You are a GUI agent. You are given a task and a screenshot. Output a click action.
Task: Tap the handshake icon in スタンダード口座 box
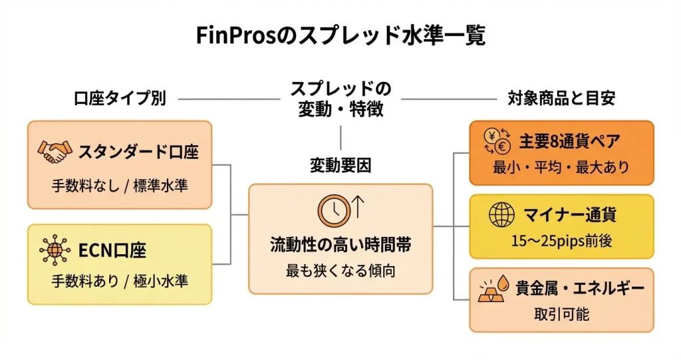tap(55, 151)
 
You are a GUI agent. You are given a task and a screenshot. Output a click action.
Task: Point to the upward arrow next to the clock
tap(357, 208)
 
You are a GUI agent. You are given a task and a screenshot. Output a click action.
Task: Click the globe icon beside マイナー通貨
tap(501, 214)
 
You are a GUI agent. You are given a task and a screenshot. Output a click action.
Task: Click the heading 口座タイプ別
tap(120, 98)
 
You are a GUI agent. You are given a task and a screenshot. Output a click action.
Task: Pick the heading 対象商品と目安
tap(557, 98)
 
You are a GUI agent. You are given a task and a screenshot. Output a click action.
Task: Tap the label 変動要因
tap(340, 164)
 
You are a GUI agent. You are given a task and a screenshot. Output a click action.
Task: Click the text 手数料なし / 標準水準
tap(120, 186)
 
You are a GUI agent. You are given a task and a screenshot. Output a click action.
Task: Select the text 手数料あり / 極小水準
tap(120, 281)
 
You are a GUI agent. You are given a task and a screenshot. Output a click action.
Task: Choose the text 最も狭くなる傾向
tap(340, 271)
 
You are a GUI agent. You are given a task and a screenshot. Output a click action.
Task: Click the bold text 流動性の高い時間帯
tap(340, 245)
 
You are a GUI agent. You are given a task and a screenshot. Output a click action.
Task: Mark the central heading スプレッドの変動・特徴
tap(340, 98)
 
